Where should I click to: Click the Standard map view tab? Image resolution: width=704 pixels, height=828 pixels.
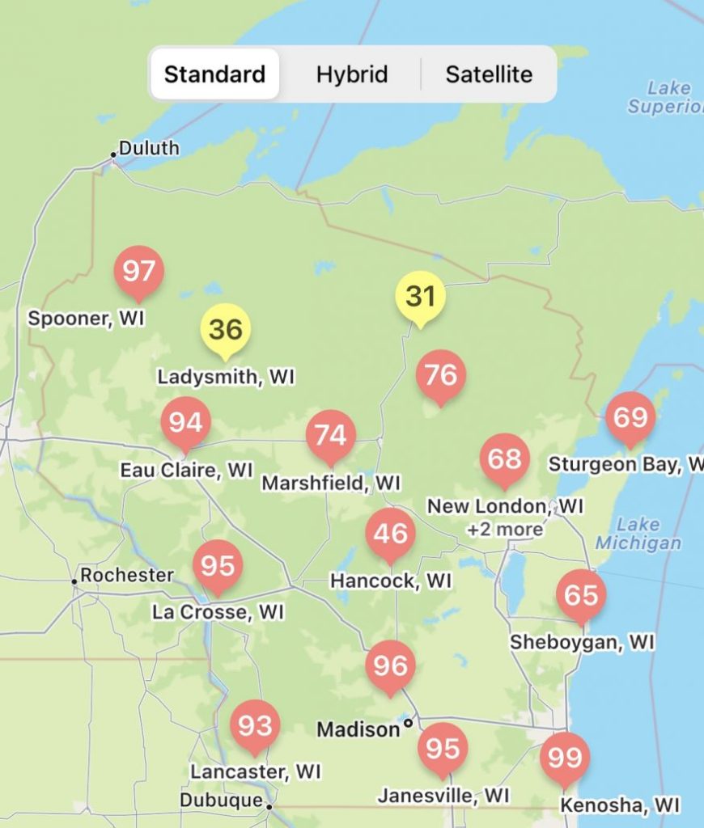click(x=214, y=74)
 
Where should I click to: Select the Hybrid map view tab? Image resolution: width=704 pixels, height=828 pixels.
click(x=351, y=74)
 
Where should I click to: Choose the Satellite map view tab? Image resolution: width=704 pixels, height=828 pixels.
click(x=489, y=74)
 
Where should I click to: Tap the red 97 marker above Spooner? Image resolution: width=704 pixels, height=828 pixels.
click(x=138, y=272)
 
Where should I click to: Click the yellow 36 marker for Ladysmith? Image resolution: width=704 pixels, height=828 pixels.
click(x=225, y=330)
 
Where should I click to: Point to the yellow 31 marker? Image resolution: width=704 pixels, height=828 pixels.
click(x=420, y=297)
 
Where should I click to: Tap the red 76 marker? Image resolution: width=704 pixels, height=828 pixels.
click(x=440, y=375)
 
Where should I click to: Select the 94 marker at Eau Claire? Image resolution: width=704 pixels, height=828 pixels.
click(x=185, y=423)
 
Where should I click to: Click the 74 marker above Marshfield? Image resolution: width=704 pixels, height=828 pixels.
click(x=330, y=436)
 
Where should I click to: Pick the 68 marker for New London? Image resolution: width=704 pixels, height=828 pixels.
click(x=504, y=459)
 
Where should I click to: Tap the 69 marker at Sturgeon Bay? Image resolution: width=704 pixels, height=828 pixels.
click(x=630, y=418)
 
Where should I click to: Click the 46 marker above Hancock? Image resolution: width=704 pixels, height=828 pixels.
click(x=390, y=534)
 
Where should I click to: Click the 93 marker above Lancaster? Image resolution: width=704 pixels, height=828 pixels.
click(x=255, y=726)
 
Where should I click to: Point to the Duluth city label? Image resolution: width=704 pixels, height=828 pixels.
click(x=149, y=149)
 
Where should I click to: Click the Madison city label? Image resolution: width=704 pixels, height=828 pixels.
click(x=358, y=729)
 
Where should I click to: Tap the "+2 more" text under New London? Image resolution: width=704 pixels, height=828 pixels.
click(x=505, y=530)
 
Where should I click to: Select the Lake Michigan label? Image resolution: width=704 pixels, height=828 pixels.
click(x=638, y=534)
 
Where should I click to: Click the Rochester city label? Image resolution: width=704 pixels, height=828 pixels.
click(x=126, y=576)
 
